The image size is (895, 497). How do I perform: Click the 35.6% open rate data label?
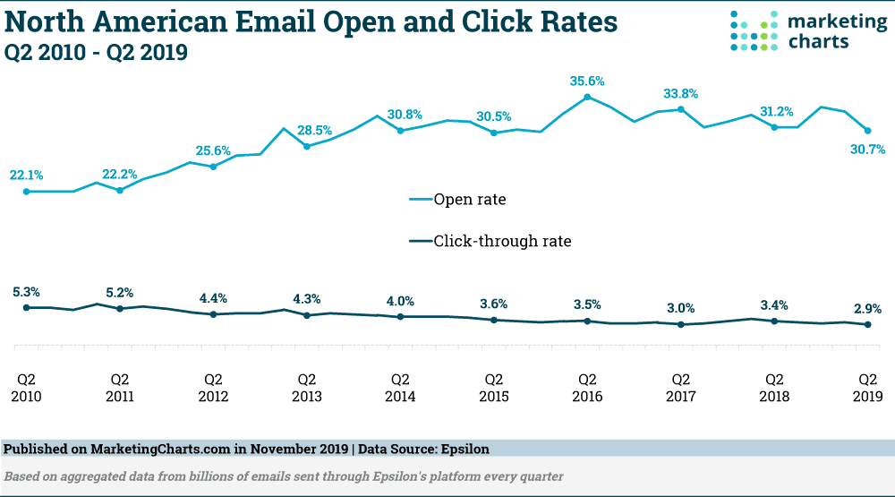(587, 81)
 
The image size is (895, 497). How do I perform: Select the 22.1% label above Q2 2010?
(26, 175)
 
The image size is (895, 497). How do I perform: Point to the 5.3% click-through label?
(26, 292)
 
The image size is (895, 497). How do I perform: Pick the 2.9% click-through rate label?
(867, 309)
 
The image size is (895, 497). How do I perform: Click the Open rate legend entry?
(469, 200)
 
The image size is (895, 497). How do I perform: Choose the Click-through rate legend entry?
(501, 241)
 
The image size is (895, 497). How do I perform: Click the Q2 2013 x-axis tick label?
(306, 387)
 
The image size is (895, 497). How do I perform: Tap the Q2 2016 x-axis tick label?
(587, 387)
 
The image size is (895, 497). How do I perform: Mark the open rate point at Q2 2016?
(587, 96)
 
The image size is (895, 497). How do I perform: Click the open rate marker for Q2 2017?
(681, 109)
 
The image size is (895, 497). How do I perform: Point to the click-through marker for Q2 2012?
(213, 314)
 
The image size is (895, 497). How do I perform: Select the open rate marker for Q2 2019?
(867, 131)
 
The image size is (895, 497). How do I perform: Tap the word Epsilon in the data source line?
(464, 448)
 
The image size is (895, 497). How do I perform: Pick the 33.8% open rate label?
(681, 93)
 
